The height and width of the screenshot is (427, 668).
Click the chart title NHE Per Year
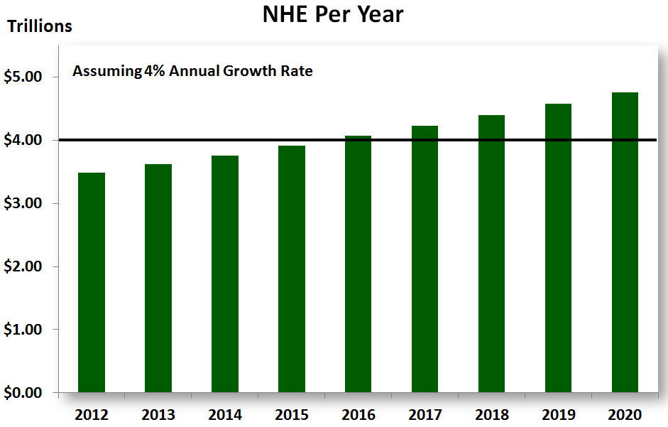tap(333, 14)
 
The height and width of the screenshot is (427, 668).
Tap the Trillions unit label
tap(40, 27)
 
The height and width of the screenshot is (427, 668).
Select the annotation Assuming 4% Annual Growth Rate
tap(192, 72)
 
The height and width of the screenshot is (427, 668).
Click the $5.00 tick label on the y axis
tap(23, 77)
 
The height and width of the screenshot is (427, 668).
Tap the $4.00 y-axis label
tap(23, 141)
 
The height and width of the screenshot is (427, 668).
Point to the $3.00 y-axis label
tap(23, 204)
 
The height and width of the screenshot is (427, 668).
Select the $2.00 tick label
tap(23, 267)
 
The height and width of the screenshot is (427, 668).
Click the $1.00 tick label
tap(23, 330)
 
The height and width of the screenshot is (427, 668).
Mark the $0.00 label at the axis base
tap(23, 393)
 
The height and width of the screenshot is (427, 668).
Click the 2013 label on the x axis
tap(158, 414)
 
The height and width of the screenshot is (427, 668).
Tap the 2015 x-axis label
tap(292, 414)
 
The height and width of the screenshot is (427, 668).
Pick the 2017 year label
tap(425, 414)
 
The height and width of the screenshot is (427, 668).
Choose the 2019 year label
tap(558, 414)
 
